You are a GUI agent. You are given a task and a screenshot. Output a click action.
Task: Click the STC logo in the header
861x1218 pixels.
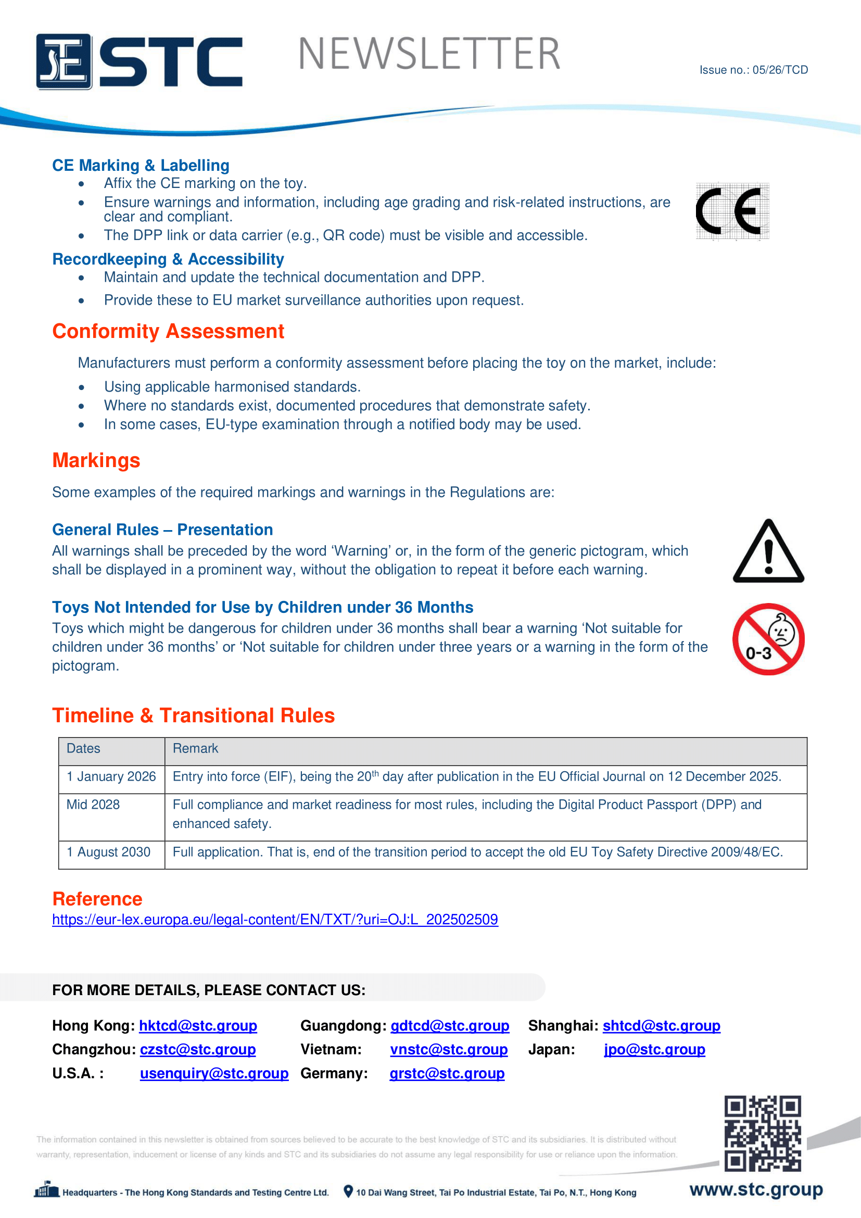pyautogui.click(x=139, y=61)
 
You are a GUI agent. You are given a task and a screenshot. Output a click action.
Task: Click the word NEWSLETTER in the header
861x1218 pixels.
pyautogui.click(x=429, y=54)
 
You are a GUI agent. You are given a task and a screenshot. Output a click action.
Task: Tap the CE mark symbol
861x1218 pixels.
pyautogui.click(x=732, y=211)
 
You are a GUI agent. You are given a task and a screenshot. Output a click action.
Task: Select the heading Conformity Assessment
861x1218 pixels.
pyautogui.click(x=168, y=332)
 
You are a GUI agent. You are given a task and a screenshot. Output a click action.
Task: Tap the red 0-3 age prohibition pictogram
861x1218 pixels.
pyautogui.click(x=768, y=639)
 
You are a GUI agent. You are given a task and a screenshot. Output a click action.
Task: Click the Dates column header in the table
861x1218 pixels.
pyautogui.click(x=83, y=748)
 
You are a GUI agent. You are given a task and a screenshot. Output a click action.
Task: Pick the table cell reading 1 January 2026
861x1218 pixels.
pyautogui.click(x=111, y=776)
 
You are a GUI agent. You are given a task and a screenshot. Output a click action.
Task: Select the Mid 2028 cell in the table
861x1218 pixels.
pyautogui.click(x=93, y=805)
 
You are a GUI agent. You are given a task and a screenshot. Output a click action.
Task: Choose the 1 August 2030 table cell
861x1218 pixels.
pyautogui.click(x=109, y=852)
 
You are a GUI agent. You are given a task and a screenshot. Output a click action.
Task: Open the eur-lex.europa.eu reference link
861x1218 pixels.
pyautogui.click(x=275, y=919)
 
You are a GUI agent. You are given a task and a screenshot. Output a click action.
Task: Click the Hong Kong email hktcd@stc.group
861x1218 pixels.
pyautogui.click(x=198, y=1026)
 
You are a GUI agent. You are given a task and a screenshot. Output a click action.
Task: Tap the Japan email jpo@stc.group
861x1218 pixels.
pyautogui.click(x=654, y=1050)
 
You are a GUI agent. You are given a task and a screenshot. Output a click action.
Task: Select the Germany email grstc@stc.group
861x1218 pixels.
pyautogui.click(x=447, y=1074)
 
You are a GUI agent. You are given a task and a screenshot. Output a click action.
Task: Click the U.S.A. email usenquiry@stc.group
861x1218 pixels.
pyautogui.click(x=214, y=1074)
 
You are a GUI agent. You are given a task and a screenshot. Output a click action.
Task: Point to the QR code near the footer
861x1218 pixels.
pyautogui.click(x=763, y=1133)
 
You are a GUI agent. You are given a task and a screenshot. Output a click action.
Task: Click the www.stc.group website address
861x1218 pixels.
pyautogui.click(x=756, y=1190)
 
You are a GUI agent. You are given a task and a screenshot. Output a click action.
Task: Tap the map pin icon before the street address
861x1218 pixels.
pyautogui.click(x=348, y=1191)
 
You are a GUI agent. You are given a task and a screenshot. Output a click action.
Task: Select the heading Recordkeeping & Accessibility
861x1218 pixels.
pyautogui.click(x=168, y=259)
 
